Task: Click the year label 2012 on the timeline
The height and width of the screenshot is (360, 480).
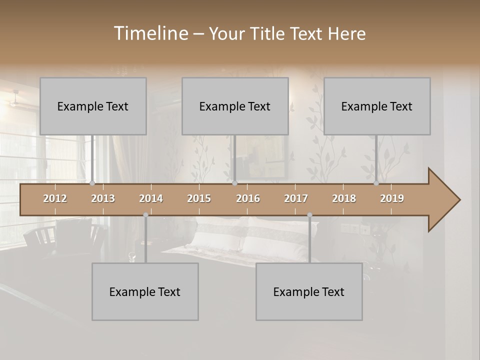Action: pyautogui.click(x=55, y=198)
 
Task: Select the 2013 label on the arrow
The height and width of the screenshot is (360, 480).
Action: pyautogui.click(x=103, y=198)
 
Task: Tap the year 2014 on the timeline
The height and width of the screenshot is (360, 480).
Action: pyautogui.click(x=151, y=198)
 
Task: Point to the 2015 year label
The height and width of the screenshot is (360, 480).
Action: pyautogui.click(x=199, y=198)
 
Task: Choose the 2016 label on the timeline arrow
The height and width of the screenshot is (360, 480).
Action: pyautogui.click(x=248, y=198)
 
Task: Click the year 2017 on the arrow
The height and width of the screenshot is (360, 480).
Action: pyautogui.click(x=296, y=198)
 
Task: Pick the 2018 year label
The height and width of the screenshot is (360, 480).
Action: pyautogui.click(x=344, y=198)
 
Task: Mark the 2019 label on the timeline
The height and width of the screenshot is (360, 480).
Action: pyautogui.click(x=392, y=198)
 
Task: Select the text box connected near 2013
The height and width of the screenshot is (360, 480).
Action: pyautogui.click(x=93, y=106)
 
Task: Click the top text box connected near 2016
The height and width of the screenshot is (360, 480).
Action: pyautogui.click(x=235, y=106)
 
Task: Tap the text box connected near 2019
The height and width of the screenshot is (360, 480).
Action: pyautogui.click(x=377, y=106)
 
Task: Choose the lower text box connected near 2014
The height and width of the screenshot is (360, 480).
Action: pyautogui.click(x=145, y=291)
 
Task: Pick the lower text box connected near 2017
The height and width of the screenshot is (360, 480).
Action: pyautogui.click(x=309, y=291)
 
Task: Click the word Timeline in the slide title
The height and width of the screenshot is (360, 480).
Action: pyautogui.click(x=150, y=33)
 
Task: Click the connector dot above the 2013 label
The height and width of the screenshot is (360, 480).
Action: pyautogui.click(x=92, y=183)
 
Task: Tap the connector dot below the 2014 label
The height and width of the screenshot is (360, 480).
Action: pyautogui.click(x=145, y=215)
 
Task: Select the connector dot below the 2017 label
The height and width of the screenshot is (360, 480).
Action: pyautogui.click(x=309, y=215)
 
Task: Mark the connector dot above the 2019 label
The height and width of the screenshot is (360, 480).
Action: pyautogui.click(x=376, y=183)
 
